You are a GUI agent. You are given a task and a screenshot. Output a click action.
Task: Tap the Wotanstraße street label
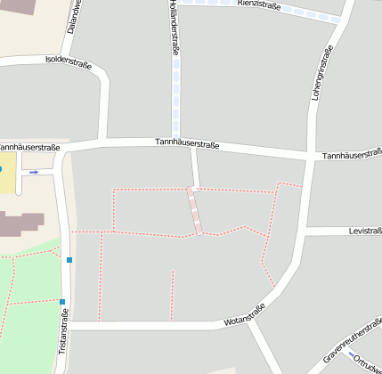[x=245, y=314]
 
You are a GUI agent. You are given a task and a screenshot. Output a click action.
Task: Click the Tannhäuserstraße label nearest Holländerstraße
[x=187, y=142]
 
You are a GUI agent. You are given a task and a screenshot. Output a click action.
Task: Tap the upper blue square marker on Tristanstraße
[x=69, y=260]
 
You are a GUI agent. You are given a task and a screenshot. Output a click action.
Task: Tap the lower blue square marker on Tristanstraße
[x=62, y=301]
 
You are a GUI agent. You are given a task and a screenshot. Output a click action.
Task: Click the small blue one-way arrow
[x=34, y=172]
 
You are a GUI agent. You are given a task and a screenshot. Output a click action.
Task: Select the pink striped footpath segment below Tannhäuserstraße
[x=193, y=210]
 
